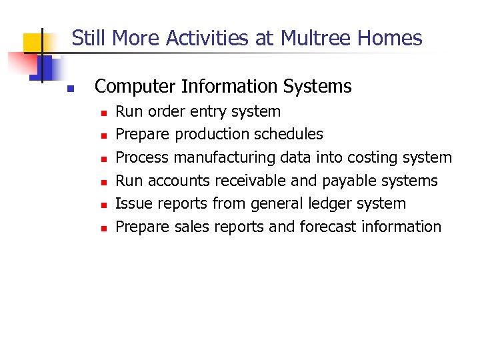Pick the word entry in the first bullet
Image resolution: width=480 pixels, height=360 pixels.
(219, 111)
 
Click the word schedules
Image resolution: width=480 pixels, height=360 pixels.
(290, 135)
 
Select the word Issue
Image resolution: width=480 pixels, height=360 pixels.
(131, 203)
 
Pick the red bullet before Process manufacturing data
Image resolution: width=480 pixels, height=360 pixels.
(103, 159)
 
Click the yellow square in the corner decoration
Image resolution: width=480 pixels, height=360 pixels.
(34, 43)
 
